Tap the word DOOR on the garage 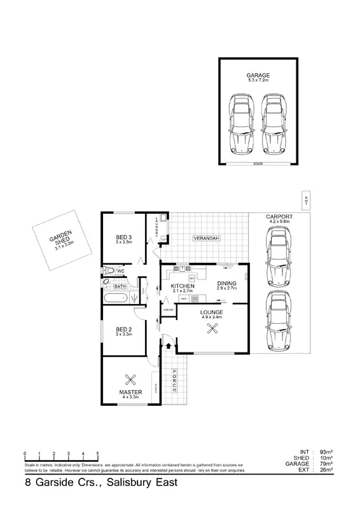(258, 163)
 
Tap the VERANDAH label (207, 238)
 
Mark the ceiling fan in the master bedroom (131, 379)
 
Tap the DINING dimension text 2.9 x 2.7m (227, 289)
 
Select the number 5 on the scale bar (97, 454)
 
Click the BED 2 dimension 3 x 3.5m (123, 335)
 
